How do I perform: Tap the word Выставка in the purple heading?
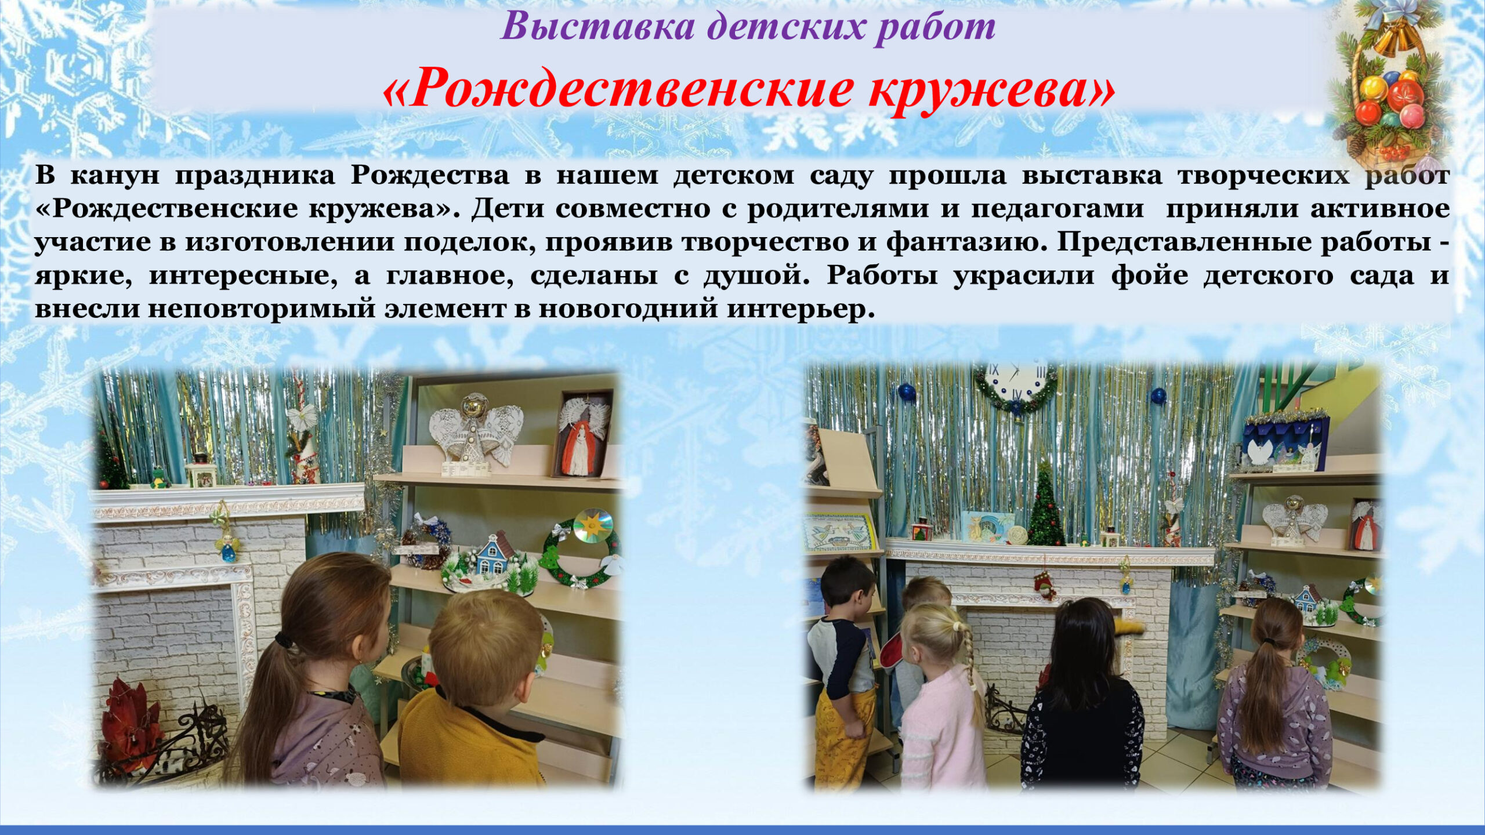coord(597,26)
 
